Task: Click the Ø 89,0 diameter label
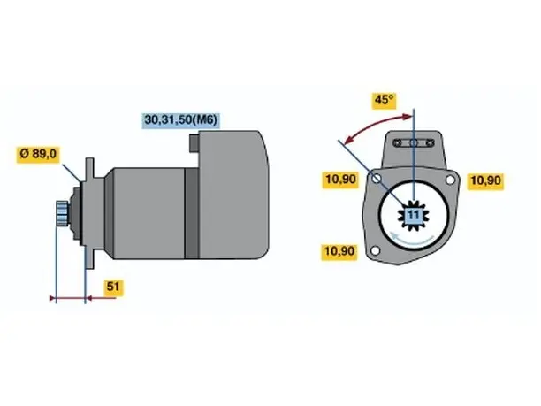[38, 154]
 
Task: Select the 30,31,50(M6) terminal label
[181, 119]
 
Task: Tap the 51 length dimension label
[113, 287]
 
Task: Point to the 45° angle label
[384, 101]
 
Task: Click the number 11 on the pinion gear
[414, 216]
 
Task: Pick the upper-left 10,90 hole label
[340, 180]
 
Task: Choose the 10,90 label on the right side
[485, 180]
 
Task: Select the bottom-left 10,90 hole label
[339, 251]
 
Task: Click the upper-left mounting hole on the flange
[377, 179]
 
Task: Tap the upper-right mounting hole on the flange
[450, 180]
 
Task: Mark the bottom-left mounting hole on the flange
[375, 250]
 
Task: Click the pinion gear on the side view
[62, 213]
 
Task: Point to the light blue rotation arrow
[412, 239]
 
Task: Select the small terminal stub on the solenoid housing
[194, 143]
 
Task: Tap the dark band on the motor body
[192, 213]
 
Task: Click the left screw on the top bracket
[398, 142]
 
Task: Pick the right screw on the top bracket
[430, 142]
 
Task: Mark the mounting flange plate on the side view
[89, 213]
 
